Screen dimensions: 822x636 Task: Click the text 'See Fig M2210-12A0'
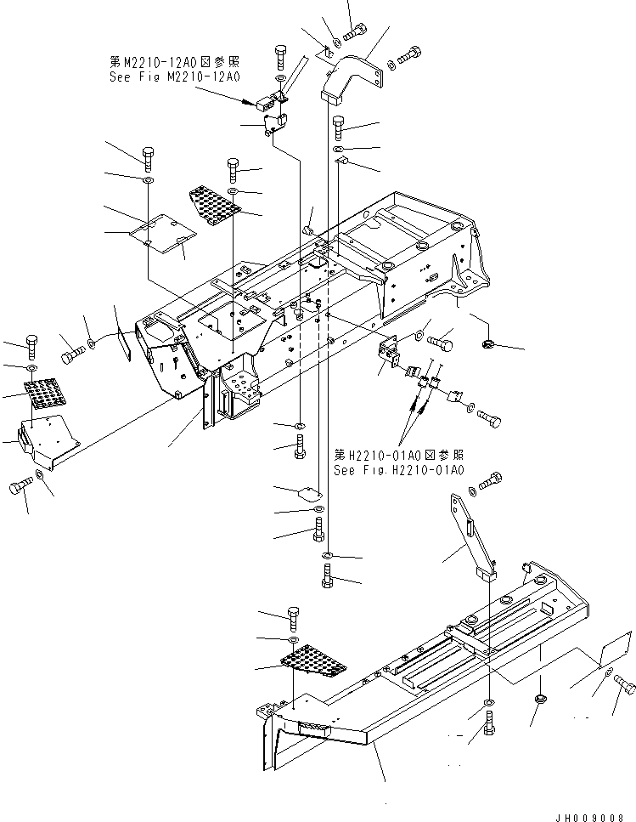pyautogui.click(x=176, y=77)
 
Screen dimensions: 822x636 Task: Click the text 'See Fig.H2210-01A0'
pyautogui.click(x=398, y=470)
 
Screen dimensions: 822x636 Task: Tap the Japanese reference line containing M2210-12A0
pyautogui.click(x=176, y=61)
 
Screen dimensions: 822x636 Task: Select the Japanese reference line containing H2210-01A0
pyautogui.click(x=398, y=455)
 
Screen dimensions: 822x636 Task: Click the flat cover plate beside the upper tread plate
pyautogui.click(x=163, y=234)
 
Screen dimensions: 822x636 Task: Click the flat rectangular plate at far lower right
pyautogui.click(x=613, y=650)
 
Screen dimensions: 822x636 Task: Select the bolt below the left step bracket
pyautogui.click(x=20, y=487)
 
